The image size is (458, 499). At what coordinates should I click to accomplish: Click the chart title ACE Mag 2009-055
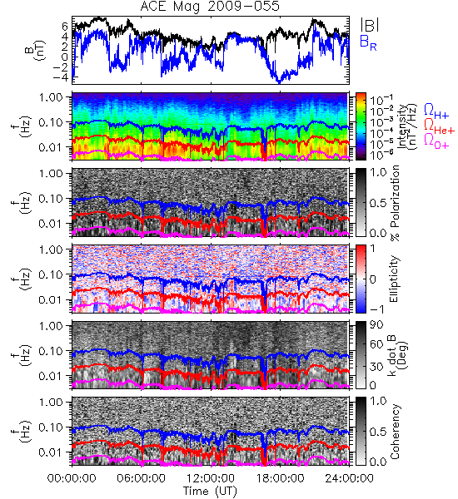pos(210,6)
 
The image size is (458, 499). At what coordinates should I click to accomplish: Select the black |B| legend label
pos(370,25)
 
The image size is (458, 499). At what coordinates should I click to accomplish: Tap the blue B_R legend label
pos(368,43)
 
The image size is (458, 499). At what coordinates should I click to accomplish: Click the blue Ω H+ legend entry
pos(436,111)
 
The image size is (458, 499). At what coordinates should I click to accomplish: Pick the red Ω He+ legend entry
pos(439,126)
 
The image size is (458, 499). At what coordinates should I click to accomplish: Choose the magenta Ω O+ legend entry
pos(436,141)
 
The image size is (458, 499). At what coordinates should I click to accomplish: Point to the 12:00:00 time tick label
pos(211,478)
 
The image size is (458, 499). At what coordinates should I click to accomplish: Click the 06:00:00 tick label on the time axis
pos(142,478)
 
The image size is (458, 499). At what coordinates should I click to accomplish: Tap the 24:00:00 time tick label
pos(349,478)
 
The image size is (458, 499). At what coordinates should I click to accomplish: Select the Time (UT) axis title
pos(211,492)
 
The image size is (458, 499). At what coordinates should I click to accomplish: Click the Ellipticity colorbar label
pos(394,279)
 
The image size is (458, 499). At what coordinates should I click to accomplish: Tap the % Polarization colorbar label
pos(394,203)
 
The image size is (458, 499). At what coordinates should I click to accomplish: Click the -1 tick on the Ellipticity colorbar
pos(376,309)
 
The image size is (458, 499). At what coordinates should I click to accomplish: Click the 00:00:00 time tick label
pos(72,478)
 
